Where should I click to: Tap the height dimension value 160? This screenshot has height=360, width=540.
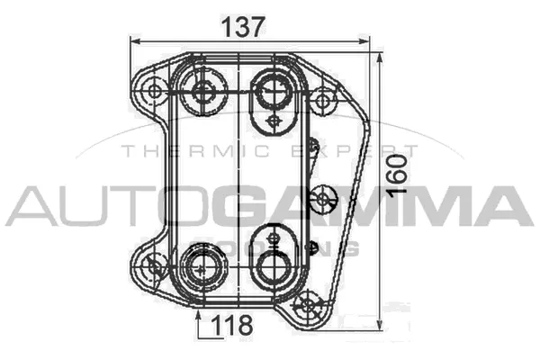pos(400,174)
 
